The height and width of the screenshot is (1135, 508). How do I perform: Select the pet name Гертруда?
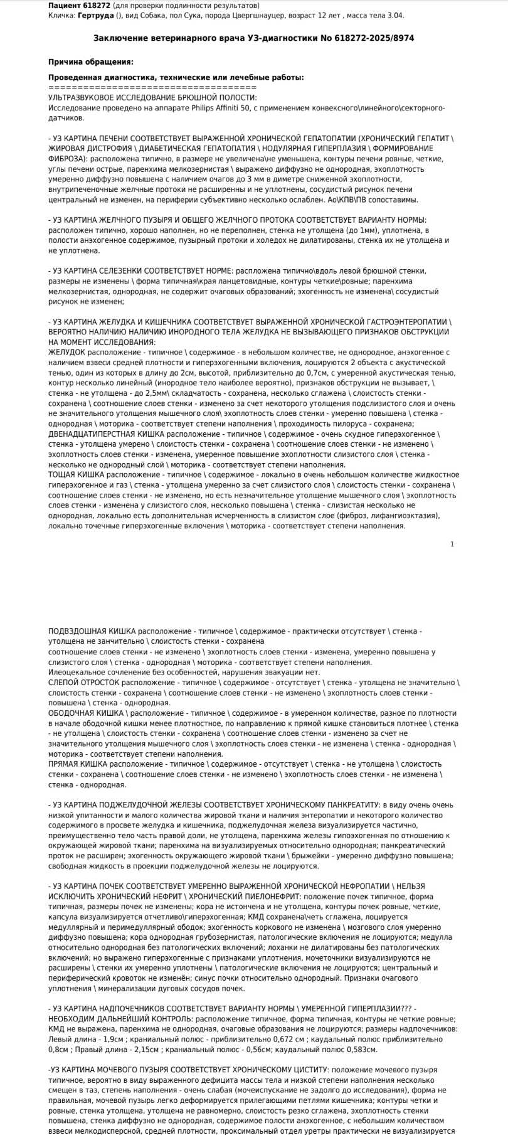95,14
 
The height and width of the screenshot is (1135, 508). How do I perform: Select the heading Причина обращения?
91,61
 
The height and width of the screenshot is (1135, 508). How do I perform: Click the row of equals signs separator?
152,87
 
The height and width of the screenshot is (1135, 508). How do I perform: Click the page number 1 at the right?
452,544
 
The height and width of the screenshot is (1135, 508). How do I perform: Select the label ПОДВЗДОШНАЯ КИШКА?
92,631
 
